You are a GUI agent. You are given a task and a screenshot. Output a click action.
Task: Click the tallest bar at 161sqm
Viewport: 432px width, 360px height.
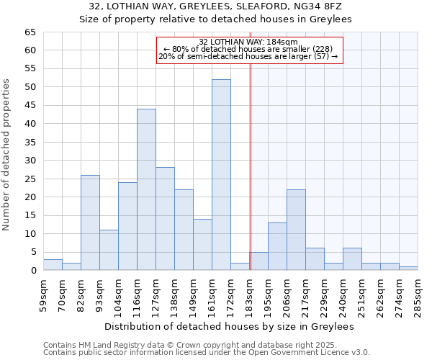coord(221,175)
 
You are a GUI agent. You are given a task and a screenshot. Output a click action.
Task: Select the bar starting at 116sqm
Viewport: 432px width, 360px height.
coord(146,189)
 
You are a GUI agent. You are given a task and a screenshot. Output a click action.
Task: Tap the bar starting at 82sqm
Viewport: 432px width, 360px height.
coord(90,222)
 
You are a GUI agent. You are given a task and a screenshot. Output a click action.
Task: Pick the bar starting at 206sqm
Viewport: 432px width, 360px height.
coord(296,230)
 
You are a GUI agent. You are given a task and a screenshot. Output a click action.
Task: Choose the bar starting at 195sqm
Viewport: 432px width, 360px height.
coord(277,246)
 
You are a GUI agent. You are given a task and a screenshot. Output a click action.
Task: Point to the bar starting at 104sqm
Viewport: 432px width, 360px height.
coord(127,226)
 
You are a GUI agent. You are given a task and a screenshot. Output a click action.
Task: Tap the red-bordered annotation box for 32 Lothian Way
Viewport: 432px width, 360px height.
coord(248,49)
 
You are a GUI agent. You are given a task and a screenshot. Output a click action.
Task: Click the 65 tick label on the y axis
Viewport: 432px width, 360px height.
coord(30,32)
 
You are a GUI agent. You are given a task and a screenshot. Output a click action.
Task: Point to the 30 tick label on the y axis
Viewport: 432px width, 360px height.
coord(30,161)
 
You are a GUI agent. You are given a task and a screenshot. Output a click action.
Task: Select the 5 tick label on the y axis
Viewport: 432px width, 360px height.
coord(32,252)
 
